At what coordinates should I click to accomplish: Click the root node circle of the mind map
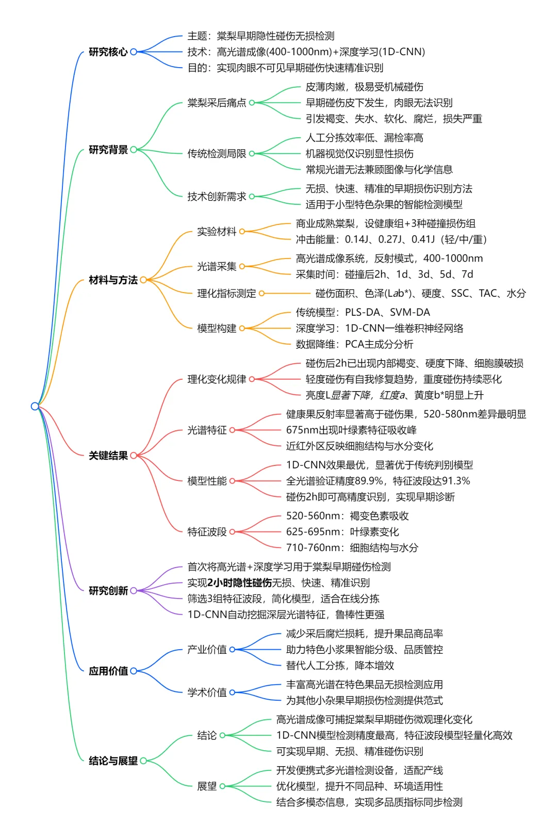pos(35,406)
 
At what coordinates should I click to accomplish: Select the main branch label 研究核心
pos(108,52)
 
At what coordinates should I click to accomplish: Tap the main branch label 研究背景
pos(108,150)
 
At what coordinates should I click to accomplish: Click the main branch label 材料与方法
pos(113,280)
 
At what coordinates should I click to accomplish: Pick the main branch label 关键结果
pos(108,455)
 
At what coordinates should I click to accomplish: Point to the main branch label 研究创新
pos(108,590)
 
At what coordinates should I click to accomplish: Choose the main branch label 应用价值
pos(108,671)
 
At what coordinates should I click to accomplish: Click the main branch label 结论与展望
pos(113,761)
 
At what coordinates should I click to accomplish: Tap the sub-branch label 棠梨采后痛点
pos(217,103)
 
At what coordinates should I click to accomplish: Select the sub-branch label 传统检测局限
pos(217,153)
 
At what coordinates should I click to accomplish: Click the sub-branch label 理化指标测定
pos(226,293)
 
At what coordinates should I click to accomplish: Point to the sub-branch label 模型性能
pos(207,481)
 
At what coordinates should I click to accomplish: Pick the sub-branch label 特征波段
pos(207,531)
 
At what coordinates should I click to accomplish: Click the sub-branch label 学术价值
pos(207,692)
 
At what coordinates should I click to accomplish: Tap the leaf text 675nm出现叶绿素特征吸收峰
pos(351,430)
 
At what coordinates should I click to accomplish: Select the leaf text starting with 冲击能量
pos(391,239)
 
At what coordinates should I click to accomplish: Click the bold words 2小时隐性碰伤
pos(239,583)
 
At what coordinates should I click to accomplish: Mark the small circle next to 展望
pos(223,786)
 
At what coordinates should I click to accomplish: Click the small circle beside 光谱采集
pos(242,266)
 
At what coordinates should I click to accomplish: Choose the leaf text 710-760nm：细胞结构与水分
pos(352,547)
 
